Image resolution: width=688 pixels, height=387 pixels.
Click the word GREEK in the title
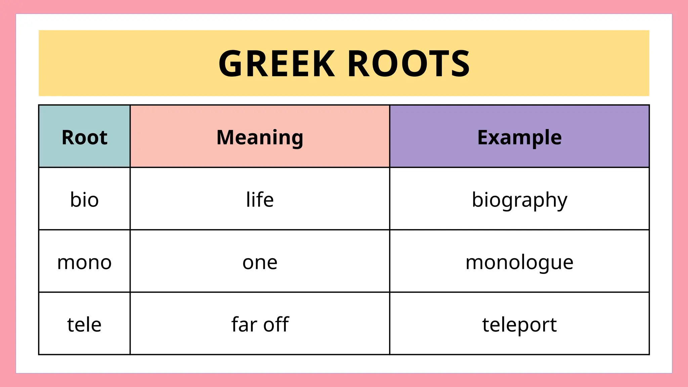click(276, 64)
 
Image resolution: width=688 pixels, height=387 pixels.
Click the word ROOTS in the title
click(408, 64)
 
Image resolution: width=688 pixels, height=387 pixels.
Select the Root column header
click(84, 137)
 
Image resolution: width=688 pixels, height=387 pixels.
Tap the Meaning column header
click(260, 137)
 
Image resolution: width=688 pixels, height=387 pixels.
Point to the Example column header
click(519, 137)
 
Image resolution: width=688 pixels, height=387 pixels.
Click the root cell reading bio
click(84, 200)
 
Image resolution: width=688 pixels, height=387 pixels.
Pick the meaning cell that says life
click(260, 200)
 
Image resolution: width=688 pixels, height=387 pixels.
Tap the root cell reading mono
click(84, 262)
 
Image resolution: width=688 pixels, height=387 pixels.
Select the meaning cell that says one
click(260, 262)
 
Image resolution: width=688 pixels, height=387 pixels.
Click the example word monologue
click(519, 262)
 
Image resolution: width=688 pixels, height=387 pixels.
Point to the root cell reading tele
click(84, 325)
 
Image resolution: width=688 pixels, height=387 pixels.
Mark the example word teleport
click(519, 325)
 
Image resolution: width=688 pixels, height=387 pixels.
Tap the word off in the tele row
click(276, 325)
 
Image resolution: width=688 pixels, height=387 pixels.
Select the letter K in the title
click(324, 64)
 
